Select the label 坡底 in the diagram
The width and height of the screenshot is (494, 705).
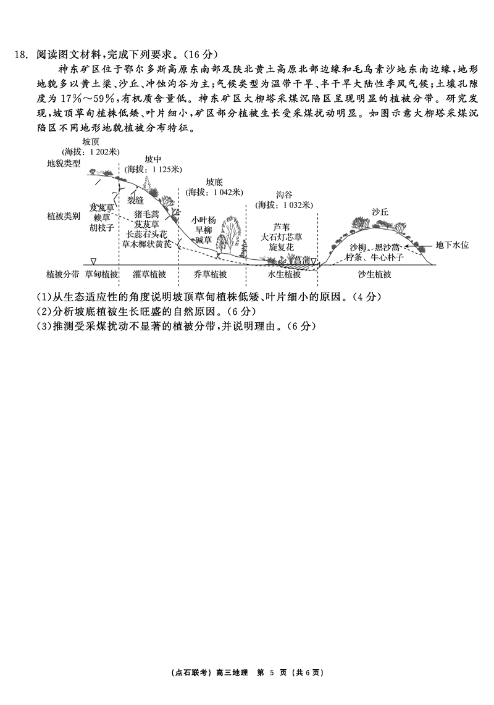[214, 182]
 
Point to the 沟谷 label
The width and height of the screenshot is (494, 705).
[284, 194]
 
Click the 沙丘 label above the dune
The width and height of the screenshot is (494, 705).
[380, 212]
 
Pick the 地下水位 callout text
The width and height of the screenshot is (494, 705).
[452, 245]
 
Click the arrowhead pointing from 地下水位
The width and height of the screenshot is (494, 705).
[406, 246]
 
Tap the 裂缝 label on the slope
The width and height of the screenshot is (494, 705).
[135, 200]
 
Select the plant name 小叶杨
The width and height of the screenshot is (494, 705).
[203, 220]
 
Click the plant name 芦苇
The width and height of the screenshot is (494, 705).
[282, 227]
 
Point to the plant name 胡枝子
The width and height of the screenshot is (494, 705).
[101, 228]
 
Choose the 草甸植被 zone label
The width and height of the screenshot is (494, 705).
[101, 274]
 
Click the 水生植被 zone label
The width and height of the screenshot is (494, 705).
[284, 274]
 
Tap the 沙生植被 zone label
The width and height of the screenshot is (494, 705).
[374, 274]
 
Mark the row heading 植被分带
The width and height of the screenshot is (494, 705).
[64, 274]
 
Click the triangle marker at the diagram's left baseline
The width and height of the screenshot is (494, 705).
[93, 261]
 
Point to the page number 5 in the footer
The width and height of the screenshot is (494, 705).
[272, 673]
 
